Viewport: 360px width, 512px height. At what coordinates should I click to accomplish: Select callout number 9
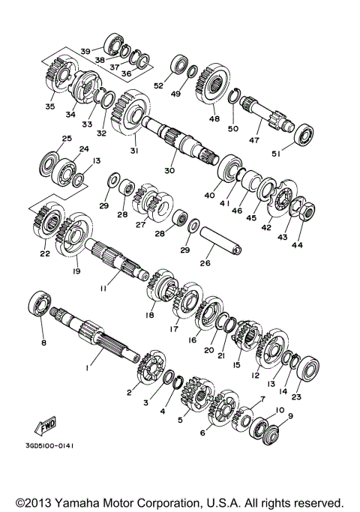coord(290,415)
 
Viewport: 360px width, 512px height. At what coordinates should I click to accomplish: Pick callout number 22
coord(44,254)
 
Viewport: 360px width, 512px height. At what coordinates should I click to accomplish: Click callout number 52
coord(158,86)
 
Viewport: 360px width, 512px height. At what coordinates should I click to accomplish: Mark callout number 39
coord(85,51)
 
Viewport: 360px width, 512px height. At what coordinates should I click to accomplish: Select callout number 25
coord(67,139)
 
